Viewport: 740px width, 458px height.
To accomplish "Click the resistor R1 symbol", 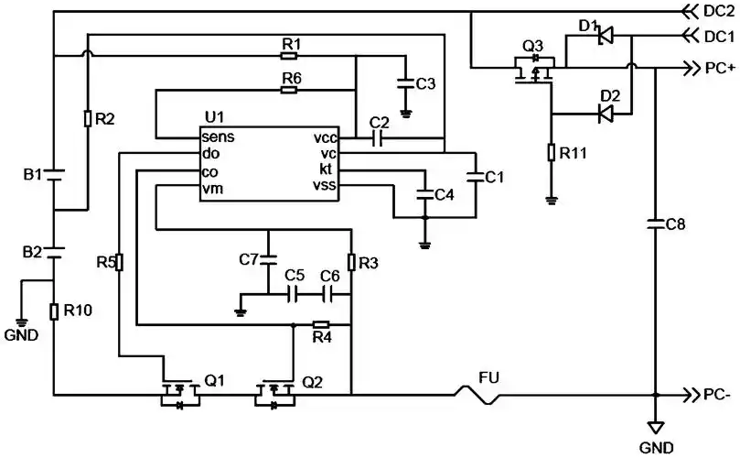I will [291, 56].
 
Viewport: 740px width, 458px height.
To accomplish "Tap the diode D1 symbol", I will [605, 37].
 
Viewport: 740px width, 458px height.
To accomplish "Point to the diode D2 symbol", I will [605, 113].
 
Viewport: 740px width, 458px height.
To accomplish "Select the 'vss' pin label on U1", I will [325, 187].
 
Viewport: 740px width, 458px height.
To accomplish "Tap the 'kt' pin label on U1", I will [327, 170].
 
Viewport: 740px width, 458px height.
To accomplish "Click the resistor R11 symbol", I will [552, 152].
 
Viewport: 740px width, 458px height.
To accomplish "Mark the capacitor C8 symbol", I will [655, 223].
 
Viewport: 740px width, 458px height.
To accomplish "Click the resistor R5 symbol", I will [120, 263].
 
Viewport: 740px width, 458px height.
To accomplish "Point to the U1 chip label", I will [214, 117].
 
